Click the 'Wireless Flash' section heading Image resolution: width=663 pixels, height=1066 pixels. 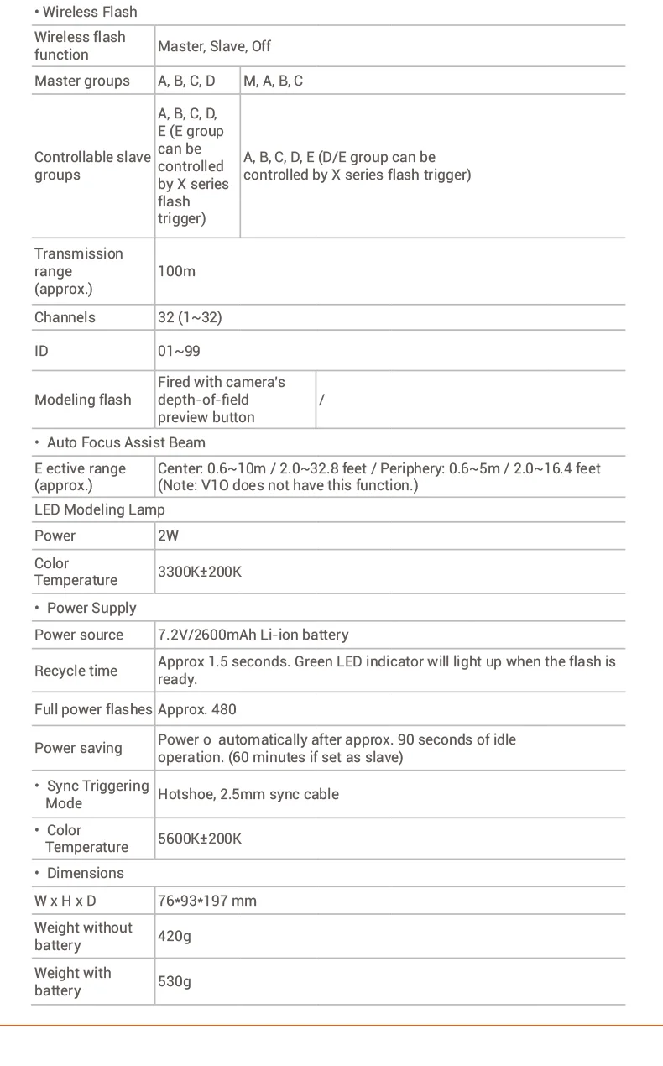[x=89, y=12]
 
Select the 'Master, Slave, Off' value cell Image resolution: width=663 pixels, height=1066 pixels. [x=214, y=46]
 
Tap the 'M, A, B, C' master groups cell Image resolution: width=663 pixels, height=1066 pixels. [x=274, y=81]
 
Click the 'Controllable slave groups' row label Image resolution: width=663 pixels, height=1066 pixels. [x=92, y=166]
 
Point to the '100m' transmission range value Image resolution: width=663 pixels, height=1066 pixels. [x=176, y=271]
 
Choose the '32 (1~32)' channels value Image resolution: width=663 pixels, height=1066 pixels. [x=190, y=317]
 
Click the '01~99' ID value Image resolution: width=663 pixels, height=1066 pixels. [x=179, y=351]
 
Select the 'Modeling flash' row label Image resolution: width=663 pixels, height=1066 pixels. [x=82, y=400]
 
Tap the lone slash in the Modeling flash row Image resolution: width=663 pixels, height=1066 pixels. [x=321, y=400]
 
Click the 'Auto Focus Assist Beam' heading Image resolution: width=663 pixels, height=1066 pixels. [x=126, y=442]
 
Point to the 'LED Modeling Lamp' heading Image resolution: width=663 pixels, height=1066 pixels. [x=100, y=509]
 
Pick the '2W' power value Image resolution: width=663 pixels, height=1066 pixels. [x=168, y=536]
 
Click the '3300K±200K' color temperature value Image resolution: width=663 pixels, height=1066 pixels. [x=200, y=572]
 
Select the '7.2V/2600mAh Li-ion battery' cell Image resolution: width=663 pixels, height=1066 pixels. [x=253, y=635]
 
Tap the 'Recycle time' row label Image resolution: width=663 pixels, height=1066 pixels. [x=76, y=671]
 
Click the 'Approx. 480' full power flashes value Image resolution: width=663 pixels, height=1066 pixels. [x=197, y=709]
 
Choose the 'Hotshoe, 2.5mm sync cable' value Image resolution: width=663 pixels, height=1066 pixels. [x=248, y=794]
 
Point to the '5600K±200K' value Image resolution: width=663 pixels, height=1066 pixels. [x=200, y=839]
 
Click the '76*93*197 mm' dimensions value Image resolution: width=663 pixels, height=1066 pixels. [x=207, y=901]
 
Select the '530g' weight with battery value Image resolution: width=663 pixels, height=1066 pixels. [x=175, y=981]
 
